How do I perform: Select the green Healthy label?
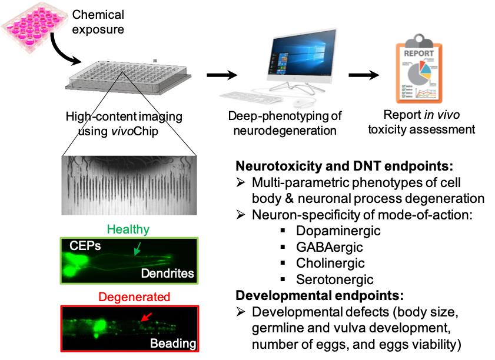click(132, 229)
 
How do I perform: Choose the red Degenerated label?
click(132, 297)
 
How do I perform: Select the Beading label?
click(174, 342)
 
